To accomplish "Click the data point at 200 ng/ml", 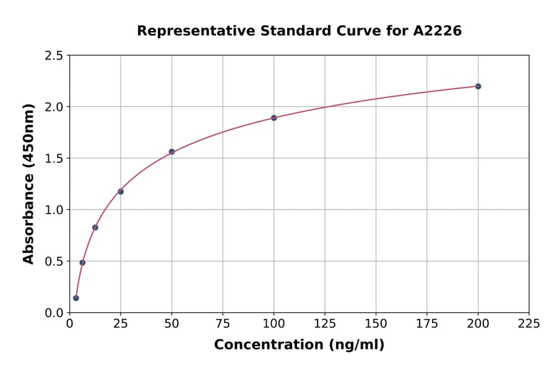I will [x=478, y=86].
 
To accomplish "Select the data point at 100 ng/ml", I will [x=274, y=118].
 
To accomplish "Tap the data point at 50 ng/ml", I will [x=171, y=152].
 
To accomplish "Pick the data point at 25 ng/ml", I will [x=121, y=191].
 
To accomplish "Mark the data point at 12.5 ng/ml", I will [x=95, y=227].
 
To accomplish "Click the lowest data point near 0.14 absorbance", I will [x=76, y=298].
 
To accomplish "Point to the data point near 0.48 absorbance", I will [x=82, y=263].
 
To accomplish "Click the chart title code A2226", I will [x=437, y=30].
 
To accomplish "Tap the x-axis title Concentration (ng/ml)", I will [x=299, y=345].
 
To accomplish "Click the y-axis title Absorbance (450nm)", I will [x=28, y=183].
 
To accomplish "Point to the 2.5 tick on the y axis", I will [x=54, y=56].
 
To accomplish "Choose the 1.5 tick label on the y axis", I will [x=54, y=159].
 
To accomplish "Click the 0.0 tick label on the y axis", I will [x=54, y=313].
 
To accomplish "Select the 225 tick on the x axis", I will [x=529, y=323].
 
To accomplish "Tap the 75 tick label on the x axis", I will [x=223, y=323].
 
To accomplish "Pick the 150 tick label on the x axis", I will [x=376, y=323].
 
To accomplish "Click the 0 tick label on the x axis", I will [x=70, y=323].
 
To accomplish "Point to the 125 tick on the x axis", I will [x=324, y=323].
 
